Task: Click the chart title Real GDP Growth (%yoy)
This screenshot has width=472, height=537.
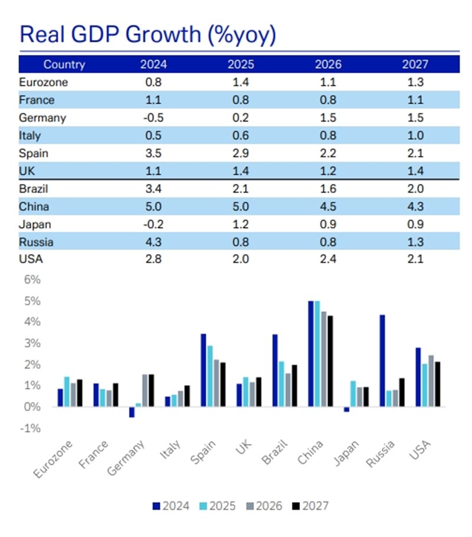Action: (147, 35)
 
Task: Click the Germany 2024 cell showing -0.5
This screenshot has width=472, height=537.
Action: (153, 118)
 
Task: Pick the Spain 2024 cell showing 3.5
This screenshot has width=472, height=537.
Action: (153, 153)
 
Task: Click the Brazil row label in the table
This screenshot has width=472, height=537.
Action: (34, 189)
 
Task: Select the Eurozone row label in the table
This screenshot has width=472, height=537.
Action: (43, 83)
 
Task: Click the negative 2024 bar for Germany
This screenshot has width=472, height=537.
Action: (132, 412)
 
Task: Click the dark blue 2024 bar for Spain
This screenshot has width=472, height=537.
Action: (204, 370)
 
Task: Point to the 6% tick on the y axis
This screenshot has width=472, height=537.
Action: (32, 280)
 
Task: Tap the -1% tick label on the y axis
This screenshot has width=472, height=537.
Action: (31, 429)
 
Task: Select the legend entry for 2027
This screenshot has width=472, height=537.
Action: (311, 506)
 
